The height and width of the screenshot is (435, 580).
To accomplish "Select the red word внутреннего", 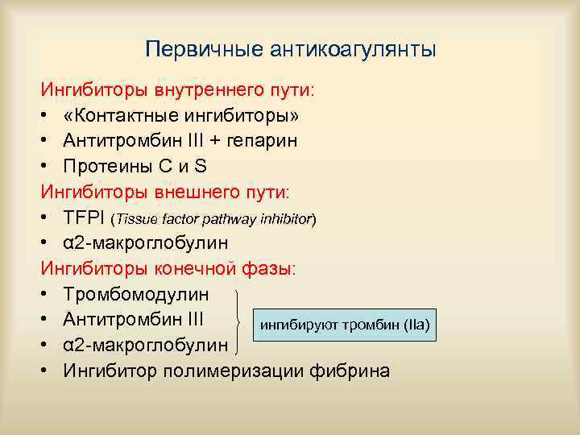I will pos(198,89).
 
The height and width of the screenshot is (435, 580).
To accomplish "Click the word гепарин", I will pos(263,140).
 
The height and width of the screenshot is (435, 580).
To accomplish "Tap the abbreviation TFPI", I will pos(84,217).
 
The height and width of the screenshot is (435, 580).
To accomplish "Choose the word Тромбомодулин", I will pos(136,294).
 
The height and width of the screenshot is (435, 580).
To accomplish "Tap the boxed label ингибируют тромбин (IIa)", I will pos(344,325).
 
